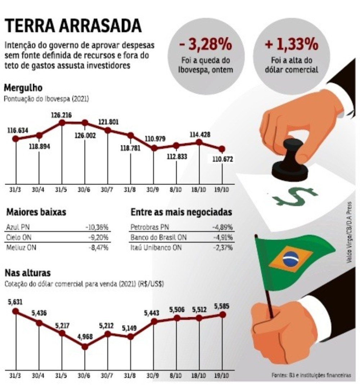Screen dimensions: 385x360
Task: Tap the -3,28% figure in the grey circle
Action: tap(205, 46)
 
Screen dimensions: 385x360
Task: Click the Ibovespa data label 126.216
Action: tap(62, 115)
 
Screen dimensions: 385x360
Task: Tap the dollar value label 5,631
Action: tap(15, 303)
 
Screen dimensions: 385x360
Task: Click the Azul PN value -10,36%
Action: tap(97, 227)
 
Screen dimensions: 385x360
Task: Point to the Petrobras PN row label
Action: tap(149, 227)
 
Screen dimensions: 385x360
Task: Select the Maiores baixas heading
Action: tap(36, 212)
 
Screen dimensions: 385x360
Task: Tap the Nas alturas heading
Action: tap(27, 272)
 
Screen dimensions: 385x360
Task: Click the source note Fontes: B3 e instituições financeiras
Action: tap(311, 375)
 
